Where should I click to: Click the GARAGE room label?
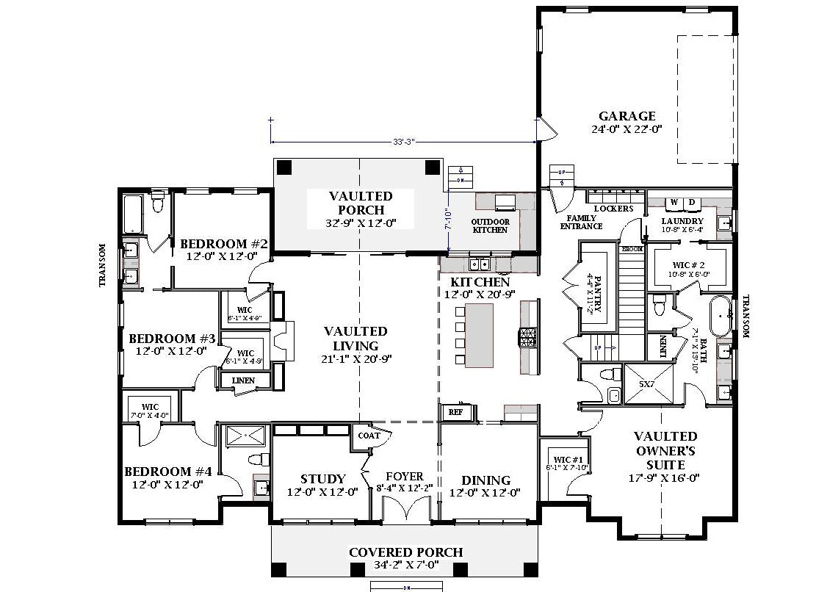coord(627,116)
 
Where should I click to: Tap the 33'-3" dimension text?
coord(402,141)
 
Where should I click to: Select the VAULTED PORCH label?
coord(361,203)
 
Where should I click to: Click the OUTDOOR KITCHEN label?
coord(489,225)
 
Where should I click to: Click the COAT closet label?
coord(369,436)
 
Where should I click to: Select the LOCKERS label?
coord(613,209)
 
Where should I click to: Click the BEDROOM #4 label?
coord(167,472)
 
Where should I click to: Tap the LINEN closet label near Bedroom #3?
coord(243,380)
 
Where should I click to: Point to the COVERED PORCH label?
coord(405,552)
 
